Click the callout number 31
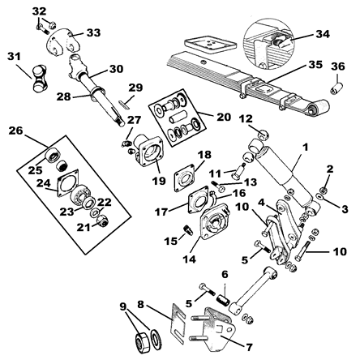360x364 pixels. click(14, 57)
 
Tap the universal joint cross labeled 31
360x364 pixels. click(41, 79)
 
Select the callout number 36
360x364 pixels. click(338, 66)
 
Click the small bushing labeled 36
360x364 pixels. click(336, 88)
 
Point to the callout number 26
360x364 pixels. click(15, 131)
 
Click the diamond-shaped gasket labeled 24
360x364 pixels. click(68, 183)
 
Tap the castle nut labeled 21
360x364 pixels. click(102, 221)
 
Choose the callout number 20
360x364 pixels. click(224, 117)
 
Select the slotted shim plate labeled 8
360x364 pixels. click(178, 323)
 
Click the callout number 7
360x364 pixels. click(249, 347)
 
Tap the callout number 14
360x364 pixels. click(189, 259)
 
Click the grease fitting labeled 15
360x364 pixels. click(188, 230)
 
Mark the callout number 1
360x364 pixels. click(305, 148)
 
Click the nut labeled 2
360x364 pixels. click(324, 190)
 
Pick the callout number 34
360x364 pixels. click(323, 34)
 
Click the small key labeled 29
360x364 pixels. click(124, 104)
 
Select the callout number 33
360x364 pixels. click(93, 32)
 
